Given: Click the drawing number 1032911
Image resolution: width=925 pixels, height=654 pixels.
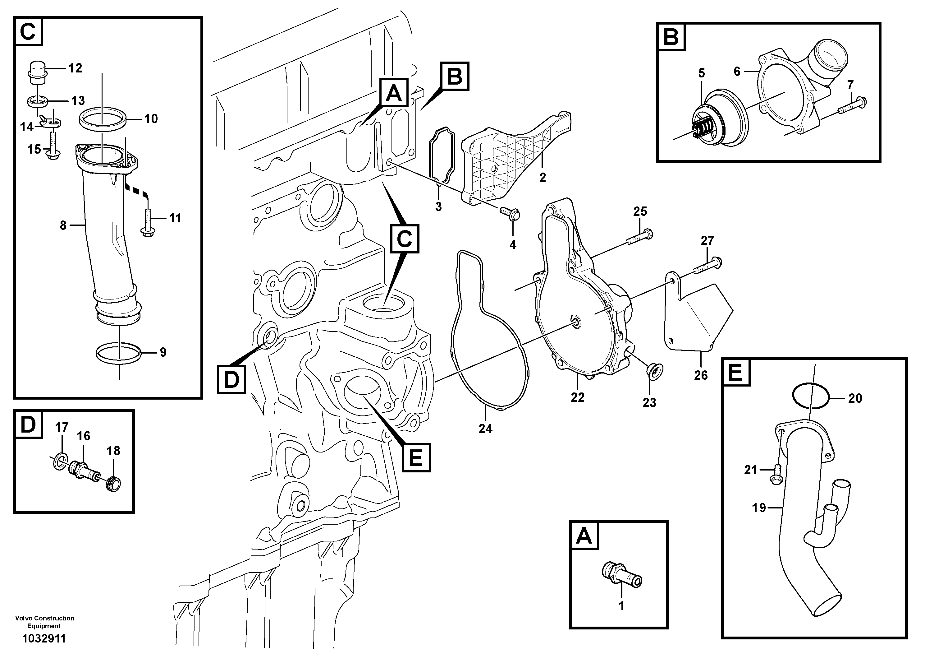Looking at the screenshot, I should (44, 638).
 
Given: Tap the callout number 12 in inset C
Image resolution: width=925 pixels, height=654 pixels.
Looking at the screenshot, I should (75, 68).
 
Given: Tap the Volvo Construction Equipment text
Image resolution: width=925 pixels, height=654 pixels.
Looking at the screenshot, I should (44, 622).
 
